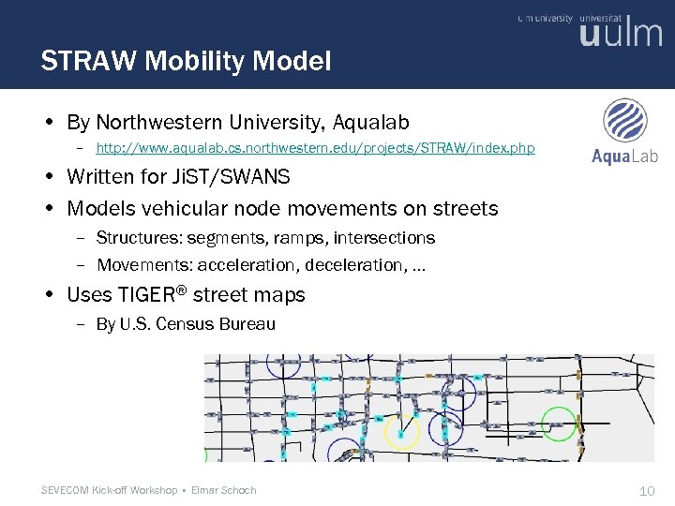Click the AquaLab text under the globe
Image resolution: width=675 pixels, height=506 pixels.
click(624, 156)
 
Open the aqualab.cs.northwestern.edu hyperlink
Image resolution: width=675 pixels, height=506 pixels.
click(315, 149)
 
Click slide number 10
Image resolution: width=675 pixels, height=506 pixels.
click(646, 490)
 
